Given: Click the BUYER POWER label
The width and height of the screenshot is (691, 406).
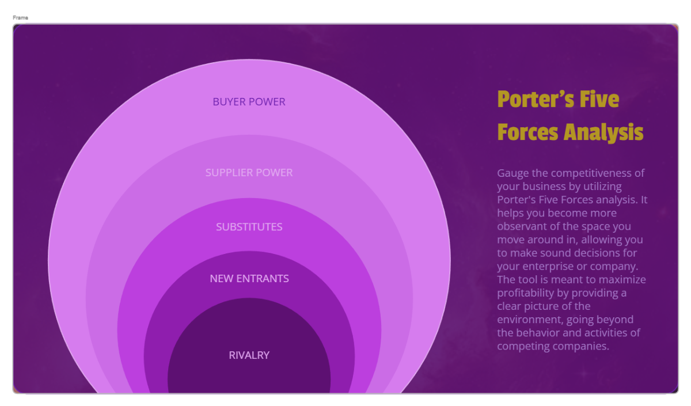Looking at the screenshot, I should (249, 102).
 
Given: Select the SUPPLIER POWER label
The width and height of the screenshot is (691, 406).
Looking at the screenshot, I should (249, 173).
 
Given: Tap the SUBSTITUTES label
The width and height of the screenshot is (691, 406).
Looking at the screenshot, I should (249, 227).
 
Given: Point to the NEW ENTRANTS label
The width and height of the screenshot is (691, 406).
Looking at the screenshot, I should (249, 279).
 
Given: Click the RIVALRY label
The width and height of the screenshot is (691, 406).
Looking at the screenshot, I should (249, 355).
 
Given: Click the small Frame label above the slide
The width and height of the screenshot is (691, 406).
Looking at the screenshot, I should (20, 18).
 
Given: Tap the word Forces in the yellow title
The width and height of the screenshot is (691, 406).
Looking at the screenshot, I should (528, 132).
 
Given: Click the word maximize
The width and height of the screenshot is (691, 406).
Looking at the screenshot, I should (623, 280).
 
